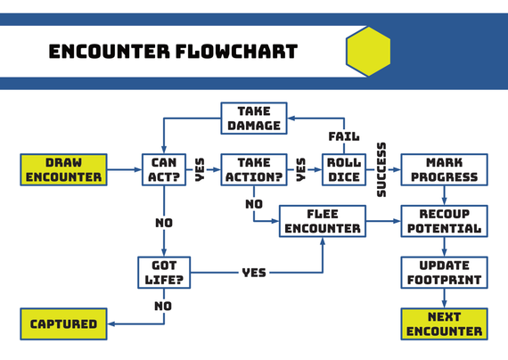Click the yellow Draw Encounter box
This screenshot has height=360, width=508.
point(63,170)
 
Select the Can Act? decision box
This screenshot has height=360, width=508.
point(164,170)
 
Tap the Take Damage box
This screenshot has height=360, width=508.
point(254,119)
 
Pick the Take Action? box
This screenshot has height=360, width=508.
point(254,170)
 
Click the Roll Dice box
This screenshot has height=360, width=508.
point(344,170)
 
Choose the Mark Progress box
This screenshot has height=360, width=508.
point(444,170)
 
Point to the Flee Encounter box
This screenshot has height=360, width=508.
point(323,221)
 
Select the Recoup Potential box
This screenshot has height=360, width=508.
point(444,221)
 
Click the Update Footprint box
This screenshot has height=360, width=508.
point(444,273)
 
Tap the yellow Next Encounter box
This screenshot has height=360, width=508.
point(444,324)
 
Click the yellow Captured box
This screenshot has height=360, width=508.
point(63,324)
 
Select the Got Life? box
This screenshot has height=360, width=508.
point(164,273)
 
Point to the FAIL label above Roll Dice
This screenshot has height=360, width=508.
point(344,136)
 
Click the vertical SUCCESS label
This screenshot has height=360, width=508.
point(381,169)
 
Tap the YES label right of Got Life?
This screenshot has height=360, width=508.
point(254,273)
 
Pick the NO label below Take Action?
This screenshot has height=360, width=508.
point(254,204)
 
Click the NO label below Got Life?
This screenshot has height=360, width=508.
point(163,306)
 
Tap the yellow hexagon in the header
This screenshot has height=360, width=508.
point(368,51)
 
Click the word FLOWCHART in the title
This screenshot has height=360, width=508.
point(237,52)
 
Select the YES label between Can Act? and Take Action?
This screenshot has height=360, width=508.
point(200,169)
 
